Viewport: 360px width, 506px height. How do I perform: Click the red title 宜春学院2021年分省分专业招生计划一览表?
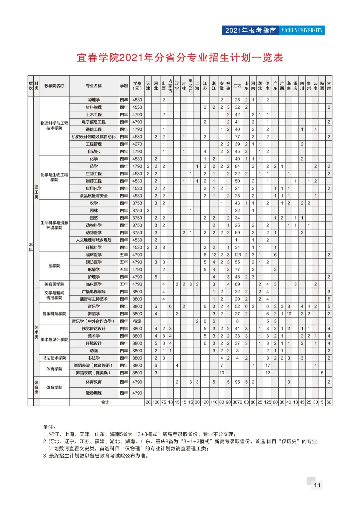[180, 58]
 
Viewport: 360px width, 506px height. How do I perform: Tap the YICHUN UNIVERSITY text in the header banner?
[302, 30]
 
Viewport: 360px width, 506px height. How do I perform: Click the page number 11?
[317, 485]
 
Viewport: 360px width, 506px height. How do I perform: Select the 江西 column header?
[237, 86]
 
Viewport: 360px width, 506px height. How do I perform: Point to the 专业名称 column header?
[94, 86]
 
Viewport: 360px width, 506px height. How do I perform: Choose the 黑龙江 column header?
[190, 86]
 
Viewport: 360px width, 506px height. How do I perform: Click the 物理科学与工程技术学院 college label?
[54, 126]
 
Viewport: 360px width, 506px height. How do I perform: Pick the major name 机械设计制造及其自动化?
[94, 137]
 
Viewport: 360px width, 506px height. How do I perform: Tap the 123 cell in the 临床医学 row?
[237, 255]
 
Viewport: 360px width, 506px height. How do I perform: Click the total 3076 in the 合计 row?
[237, 402]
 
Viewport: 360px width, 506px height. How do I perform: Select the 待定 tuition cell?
[137, 321]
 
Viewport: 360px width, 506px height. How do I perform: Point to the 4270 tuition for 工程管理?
[137, 144]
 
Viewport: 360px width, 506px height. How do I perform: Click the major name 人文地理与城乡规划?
[94, 240]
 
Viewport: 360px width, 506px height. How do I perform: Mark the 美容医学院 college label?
[54, 284]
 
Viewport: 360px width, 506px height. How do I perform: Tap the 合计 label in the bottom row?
[106, 402]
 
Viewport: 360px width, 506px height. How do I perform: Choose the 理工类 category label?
[36, 192]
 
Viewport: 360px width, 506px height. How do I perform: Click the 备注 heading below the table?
[49, 427]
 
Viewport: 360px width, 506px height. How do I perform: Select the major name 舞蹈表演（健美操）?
[94, 373]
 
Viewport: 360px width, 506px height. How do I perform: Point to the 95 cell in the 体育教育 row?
[237, 382]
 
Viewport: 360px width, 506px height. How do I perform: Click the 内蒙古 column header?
[170, 86]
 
